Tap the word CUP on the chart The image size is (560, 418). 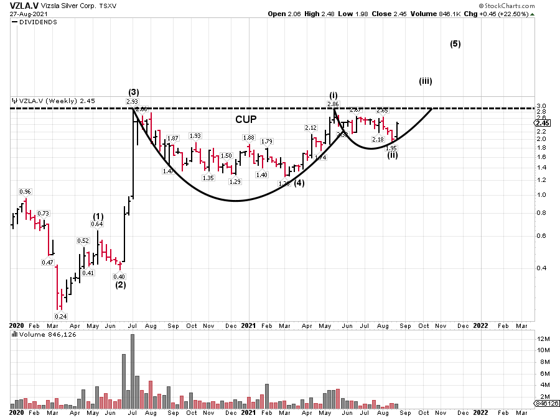[246, 119]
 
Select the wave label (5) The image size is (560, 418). [455, 44]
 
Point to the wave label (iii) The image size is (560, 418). [426, 81]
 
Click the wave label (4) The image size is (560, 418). [299, 183]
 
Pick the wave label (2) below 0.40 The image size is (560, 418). [120, 286]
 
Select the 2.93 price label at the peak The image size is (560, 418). [132, 101]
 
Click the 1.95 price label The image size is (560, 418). [391, 148]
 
